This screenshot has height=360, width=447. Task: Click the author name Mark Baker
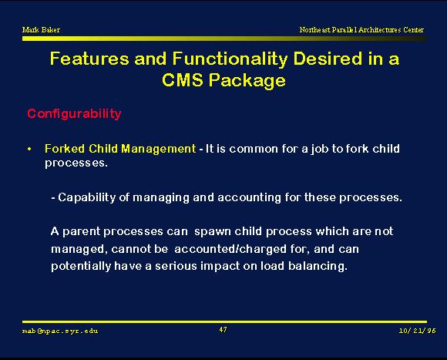click(x=41, y=29)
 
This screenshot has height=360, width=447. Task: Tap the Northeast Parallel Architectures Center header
click(x=361, y=29)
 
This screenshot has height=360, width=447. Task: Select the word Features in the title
click(x=89, y=59)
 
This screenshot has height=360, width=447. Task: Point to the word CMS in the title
click(x=183, y=79)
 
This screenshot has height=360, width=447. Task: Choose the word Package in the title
click(x=247, y=81)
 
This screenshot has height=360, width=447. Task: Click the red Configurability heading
click(x=74, y=114)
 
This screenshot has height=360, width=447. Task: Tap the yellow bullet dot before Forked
click(x=29, y=149)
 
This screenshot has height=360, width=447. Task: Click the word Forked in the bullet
click(x=65, y=149)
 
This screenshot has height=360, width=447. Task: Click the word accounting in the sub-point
click(x=249, y=198)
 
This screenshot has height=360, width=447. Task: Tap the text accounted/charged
click(x=230, y=249)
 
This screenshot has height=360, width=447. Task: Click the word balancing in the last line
click(x=318, y=266)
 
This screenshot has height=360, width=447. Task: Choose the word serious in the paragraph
click(x=176, y=266)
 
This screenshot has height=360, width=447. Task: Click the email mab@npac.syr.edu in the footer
click(x=60, y=331)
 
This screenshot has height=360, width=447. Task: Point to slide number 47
click(x=223, y=330)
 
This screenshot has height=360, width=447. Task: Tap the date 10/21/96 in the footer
click(x=418, y=331)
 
